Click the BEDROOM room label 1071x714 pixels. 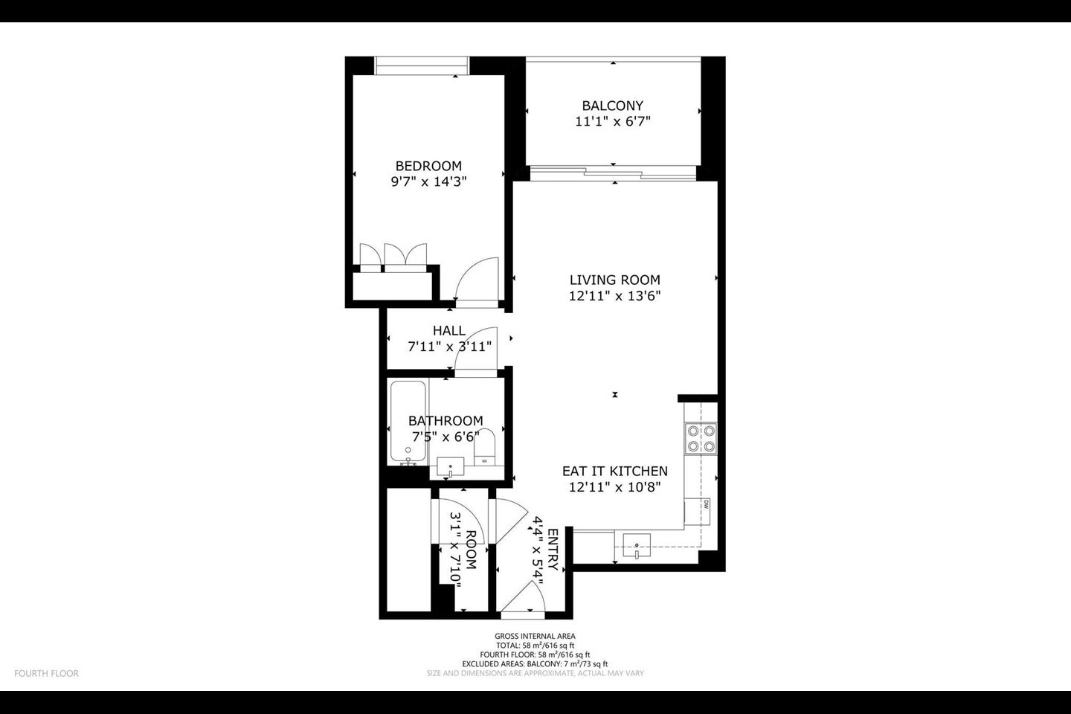click(x=428, y=166)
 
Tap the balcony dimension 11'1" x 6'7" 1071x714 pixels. click(x=613, y=121)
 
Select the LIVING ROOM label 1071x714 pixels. click(x=615, y=280)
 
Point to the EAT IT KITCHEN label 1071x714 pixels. click(x=615, y=471)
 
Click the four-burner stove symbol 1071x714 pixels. click(x=701, y=439)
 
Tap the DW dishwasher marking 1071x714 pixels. click(x=706, y=504)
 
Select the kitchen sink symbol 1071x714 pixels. click(x=637, y=546)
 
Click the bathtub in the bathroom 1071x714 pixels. click(x=408, y=422)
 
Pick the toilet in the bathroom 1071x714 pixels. click(x=484, y=447)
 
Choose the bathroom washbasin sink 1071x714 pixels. click(x=451, y=467)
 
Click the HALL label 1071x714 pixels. click(x=449, y=330)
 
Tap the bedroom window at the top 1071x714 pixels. click(x=422, y=65)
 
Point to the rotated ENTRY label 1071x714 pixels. click(x=553, y=550)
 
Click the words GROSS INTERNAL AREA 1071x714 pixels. click(x=535, y=636)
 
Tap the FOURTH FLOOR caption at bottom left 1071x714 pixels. click(x=46, y=673)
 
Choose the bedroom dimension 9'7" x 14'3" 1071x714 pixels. click(x=428, y=181)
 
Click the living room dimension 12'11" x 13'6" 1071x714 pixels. click(x=615, y=296)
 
